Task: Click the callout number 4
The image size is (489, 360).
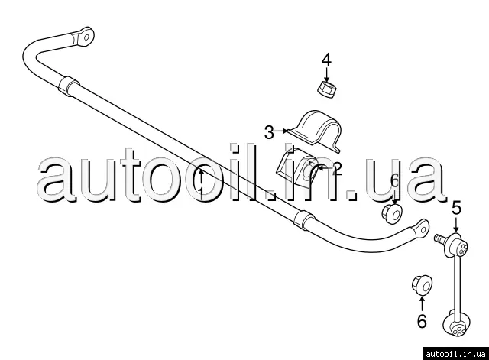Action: click(x=326, y=60)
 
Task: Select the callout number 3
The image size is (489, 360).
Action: click(x=269, y=132)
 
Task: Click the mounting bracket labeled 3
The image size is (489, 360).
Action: click(x=314, y=131)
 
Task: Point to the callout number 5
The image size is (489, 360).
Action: click(x=457, y=208)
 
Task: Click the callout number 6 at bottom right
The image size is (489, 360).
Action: click(x=422, y=321)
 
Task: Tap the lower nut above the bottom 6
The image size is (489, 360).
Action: click(x=422, y=284)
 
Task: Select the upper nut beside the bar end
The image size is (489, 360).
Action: click(x=393, y=214)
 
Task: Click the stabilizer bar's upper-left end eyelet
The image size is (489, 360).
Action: click(x=83, y=37)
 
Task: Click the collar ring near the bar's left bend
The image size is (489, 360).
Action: click(x=68, y=86)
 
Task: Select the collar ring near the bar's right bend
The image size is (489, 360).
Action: click(x=304, y=220)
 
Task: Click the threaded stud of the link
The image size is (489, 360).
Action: click(x=441, y=239)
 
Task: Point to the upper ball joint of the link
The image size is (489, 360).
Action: click(x=458, y=245)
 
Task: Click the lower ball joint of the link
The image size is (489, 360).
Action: click(x=457, y=323)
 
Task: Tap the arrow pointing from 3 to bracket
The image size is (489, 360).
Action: click(x=281, y=131)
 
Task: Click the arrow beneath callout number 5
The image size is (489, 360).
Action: click(x=456, y=224)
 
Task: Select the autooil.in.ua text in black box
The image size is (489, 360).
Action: click(x=455, y=354)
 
